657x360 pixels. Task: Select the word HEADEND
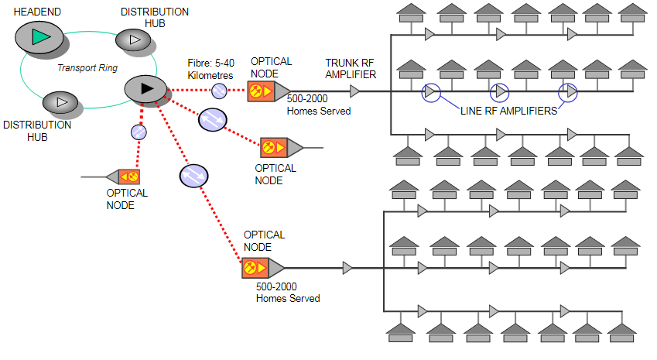(x=37, y=12)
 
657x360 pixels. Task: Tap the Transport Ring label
(x=87, y=68)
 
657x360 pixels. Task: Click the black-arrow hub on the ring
(x=146, y=89)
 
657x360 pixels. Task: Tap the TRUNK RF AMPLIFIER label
(x=351, y=69)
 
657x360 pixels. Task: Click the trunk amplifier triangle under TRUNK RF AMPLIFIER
(x=354, y=92)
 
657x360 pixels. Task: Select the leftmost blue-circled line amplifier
(x=430, y=92)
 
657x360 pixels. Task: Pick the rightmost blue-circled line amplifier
(x=569, y=92)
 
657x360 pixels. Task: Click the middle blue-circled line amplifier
(x=500, y=92)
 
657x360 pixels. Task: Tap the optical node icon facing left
(x=123, y=177)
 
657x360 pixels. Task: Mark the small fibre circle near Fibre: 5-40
(x=219, y=91)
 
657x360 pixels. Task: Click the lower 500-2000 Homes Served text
(x=288, y=293)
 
